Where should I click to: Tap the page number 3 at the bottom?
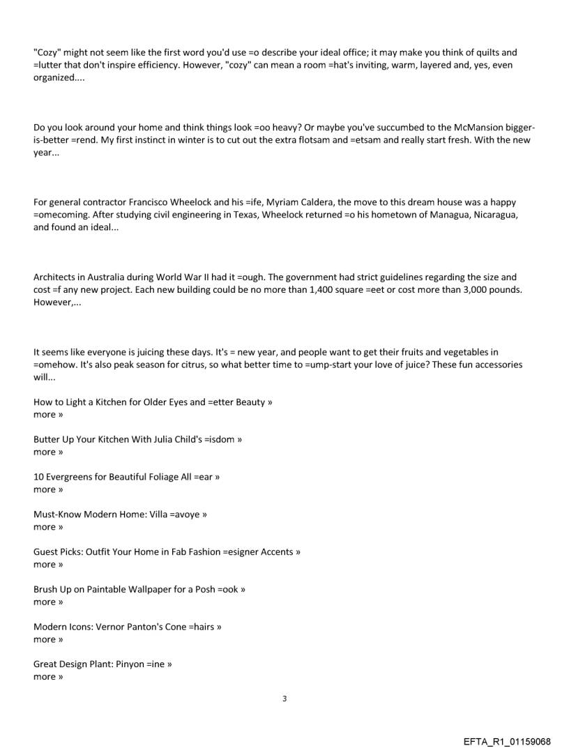coord(284,699)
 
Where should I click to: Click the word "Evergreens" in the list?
coord(74,478)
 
